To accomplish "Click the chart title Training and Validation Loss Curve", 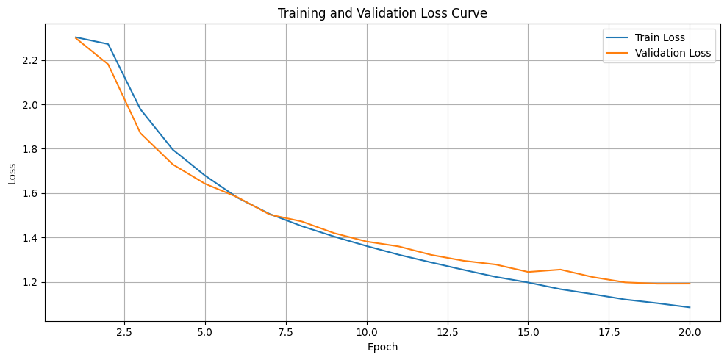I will point(382,12).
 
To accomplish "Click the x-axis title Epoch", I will point(382,347).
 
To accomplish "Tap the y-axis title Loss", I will point(12,173).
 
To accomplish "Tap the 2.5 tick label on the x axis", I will point(124,332).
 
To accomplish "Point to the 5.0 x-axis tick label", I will point(205,332).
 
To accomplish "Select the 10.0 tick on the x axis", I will point(367,332).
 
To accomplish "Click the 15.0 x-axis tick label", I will point(528,332).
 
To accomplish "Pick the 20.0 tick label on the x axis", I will point(690,332).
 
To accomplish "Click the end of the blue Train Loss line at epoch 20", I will point(690,307).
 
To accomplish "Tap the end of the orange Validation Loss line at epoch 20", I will point(690,284).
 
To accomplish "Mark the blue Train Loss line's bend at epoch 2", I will point(108,44).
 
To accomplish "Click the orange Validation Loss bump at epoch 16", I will point(560,270).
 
